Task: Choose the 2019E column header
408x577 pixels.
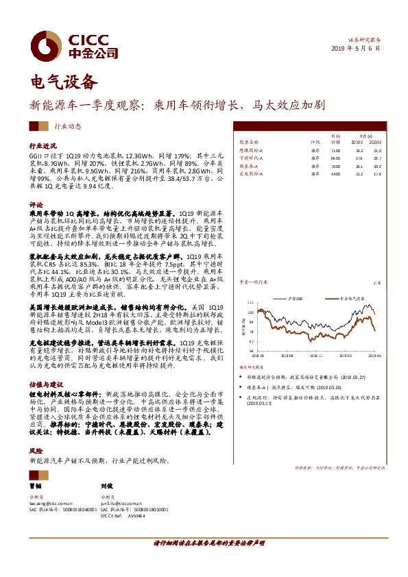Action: click(x=356, y=143)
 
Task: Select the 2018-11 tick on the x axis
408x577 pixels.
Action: click(x=317, y=356)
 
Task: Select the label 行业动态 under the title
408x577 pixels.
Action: click(x=67, y=126)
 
